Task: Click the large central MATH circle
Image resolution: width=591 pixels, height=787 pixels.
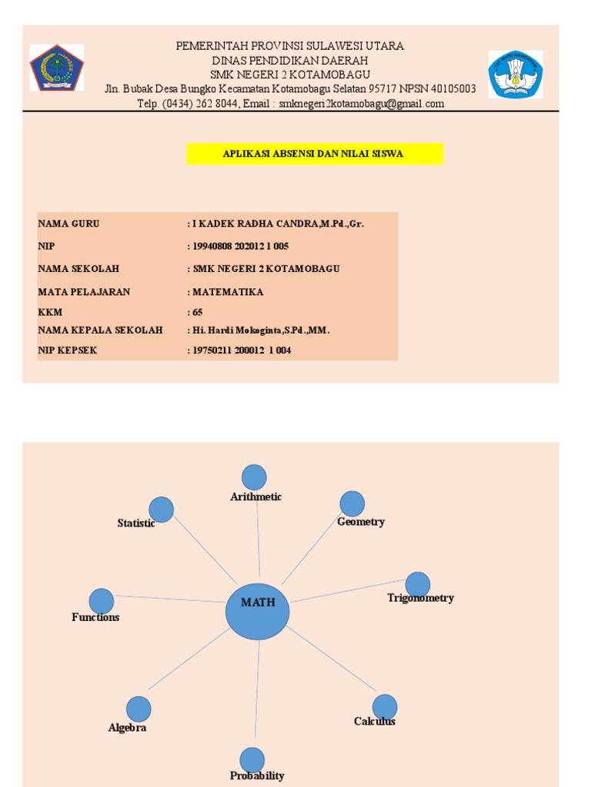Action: coord(258,612)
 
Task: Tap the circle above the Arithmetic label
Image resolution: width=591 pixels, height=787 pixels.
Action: coord(254,477)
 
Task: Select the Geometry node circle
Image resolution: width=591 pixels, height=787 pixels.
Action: coord(352,503)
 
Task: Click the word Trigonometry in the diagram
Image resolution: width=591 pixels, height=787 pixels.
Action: coord(420,598)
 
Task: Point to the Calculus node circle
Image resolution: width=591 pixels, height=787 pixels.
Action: coord(385,707)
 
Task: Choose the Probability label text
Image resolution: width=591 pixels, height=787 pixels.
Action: coord(257,775)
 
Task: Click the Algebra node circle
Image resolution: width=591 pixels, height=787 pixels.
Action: coord(139,709)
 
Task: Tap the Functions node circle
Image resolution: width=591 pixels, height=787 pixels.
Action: coord(102,601)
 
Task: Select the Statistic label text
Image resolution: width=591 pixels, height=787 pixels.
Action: coord(136,523)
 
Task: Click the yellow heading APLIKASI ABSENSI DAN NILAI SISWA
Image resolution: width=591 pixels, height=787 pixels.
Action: coord(314,154)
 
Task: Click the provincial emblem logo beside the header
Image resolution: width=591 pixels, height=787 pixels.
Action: coord(56,68)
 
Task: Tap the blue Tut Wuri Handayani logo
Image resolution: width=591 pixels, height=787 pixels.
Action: coord(516,75)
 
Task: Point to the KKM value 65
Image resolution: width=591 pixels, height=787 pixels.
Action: coord(198,312)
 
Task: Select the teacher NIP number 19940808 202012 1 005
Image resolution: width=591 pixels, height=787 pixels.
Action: coord(240,246)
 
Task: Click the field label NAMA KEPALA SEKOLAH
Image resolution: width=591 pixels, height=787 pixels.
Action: coord(100,330)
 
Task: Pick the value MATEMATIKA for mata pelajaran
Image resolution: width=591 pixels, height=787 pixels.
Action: coord(228,292)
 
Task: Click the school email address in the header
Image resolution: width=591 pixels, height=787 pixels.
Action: coord(362,104)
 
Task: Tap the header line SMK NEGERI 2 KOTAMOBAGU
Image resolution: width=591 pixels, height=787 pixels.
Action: coord(290,75)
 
